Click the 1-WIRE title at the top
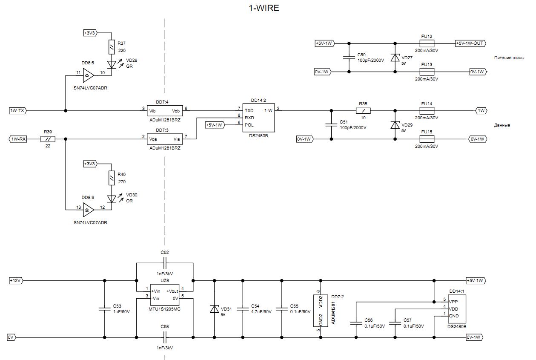(x=264, y=8)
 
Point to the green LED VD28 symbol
(x=111, y=64)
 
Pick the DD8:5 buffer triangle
(x=88, y=76)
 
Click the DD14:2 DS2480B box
(x=258, y=118)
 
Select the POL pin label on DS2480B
(x=249, y=125)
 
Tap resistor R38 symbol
(x=363, y=111)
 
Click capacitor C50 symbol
(x=349, y=58)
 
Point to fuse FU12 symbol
(x=427, y=43)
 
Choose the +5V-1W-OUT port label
(x=470, y=43)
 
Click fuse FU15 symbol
(x=427, y=139)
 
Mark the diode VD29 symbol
(x=395, y=125)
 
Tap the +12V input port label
(x=16, y=281)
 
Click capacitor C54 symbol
(x=243, y=309)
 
